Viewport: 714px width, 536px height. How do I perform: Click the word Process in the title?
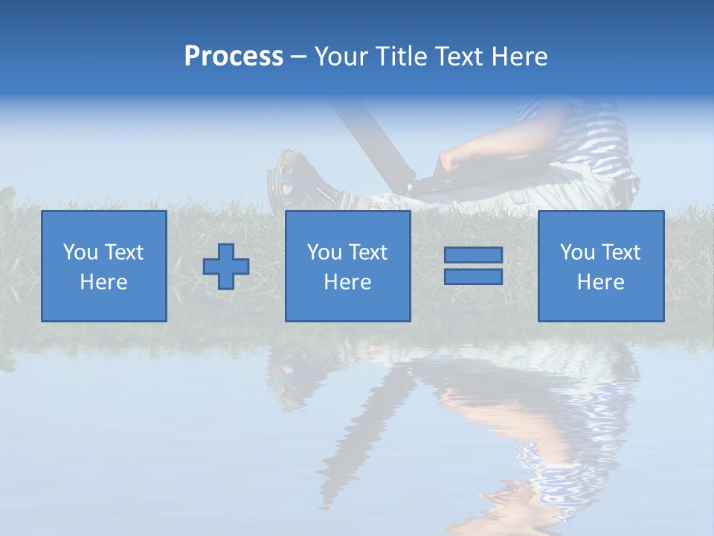[234, 57]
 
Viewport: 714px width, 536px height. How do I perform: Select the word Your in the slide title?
[341, 57]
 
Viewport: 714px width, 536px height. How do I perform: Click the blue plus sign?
[226, 267]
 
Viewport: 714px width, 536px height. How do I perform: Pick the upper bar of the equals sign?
[473, 255]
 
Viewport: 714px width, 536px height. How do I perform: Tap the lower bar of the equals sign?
[473, 277]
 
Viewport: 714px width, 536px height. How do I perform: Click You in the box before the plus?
[79, 252]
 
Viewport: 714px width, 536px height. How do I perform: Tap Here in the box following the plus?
[347, 282]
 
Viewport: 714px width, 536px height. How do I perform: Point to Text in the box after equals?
[621, 252]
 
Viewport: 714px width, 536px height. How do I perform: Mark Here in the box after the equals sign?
[600, 282]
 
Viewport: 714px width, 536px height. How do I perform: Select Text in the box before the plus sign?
[124, 252]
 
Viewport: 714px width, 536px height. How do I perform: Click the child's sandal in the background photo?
[286, 175]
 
